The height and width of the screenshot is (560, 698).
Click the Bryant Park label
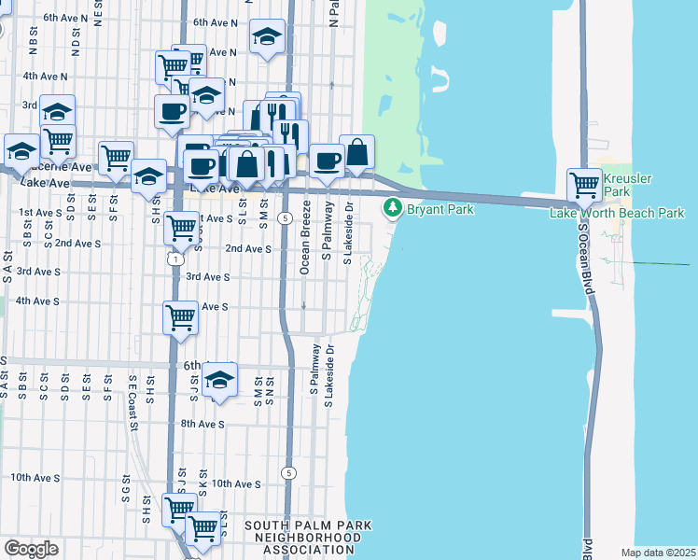[440, 209]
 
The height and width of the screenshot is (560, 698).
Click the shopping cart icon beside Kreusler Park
[584, 183]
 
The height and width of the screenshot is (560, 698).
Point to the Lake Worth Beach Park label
[617, 214]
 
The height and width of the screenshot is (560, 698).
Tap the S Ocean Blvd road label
[584, 260]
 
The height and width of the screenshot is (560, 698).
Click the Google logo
[32, 549]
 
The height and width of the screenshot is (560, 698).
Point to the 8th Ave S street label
[202, 424]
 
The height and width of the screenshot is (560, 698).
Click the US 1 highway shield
[174, 259]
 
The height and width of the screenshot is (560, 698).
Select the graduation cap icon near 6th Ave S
[219, 379]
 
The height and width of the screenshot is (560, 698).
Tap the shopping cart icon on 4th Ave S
[180, 316]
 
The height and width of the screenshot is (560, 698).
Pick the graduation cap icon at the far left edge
[21, 149]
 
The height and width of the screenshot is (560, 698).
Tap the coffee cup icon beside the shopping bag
[327, 160]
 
